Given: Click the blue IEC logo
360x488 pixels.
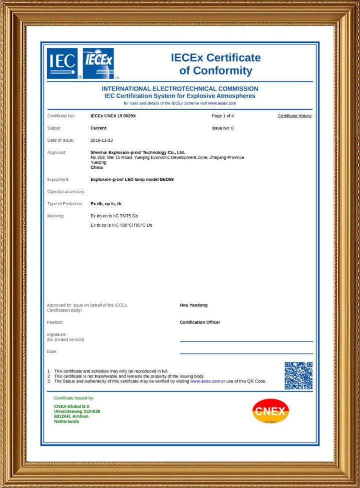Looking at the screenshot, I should pos(62,64).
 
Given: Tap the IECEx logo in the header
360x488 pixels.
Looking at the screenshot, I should pos(99,64).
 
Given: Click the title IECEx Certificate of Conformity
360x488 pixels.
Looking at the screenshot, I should pos(215,64).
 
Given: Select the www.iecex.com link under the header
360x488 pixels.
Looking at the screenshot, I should pos(221,103).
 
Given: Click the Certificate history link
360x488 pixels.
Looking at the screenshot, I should pos(295,116).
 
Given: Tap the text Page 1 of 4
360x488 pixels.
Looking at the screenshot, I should pos(223,116).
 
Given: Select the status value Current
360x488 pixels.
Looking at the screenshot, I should pos(98,128).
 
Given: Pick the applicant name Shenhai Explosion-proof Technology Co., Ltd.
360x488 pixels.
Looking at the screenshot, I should pos(137,152).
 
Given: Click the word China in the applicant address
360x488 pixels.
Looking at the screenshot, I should pos(96,168).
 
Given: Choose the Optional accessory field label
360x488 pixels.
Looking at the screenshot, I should pos(66,192).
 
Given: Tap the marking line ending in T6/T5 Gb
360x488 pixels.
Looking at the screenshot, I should pos(114,216).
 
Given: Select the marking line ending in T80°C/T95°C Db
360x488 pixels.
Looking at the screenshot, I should pos(121,225).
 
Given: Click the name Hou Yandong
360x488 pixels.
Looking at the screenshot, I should pos(193,305).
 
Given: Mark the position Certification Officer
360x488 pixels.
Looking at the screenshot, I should pos(200,322).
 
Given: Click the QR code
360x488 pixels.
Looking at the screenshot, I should pos(298,375).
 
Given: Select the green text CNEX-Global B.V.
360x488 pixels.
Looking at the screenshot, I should pos(72,406).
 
